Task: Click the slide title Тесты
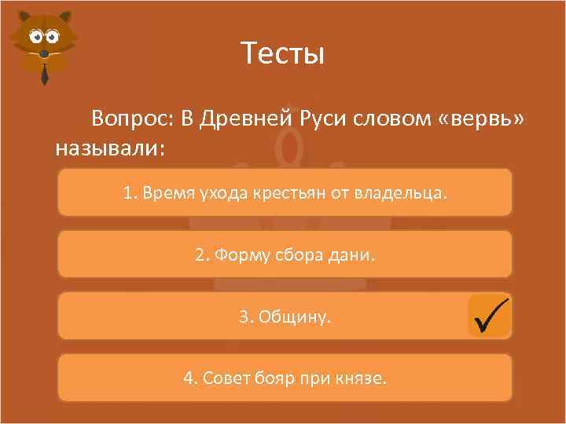282,54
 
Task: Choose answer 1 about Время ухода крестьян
285,192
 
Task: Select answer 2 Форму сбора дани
285,254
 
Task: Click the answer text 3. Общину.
285,316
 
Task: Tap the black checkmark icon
490,316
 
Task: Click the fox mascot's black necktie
45,73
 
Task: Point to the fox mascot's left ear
21,21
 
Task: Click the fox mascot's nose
44,52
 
